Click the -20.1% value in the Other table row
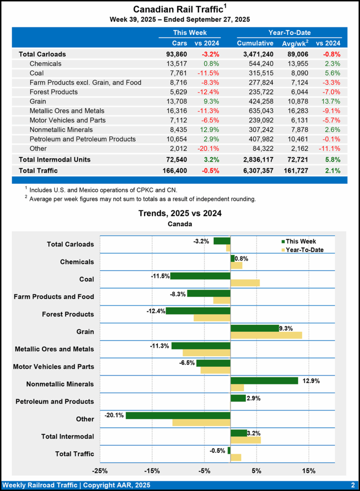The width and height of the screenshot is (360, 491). [209, 149]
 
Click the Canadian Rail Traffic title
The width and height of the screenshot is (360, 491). [177, 9]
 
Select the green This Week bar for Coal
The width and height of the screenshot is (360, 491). [200, 276]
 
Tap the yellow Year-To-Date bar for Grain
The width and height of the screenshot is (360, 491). [266, 335]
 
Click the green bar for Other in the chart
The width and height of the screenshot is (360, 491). [178, 415]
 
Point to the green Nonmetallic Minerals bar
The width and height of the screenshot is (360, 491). [264, 380]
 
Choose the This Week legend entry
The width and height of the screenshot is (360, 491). [298, 241]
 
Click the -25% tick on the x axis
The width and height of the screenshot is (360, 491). [100, 470]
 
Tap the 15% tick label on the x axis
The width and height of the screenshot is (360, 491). [309, 470]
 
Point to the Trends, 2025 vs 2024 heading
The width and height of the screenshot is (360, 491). [180, 213]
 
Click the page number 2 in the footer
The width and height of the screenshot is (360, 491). [352, 485]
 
